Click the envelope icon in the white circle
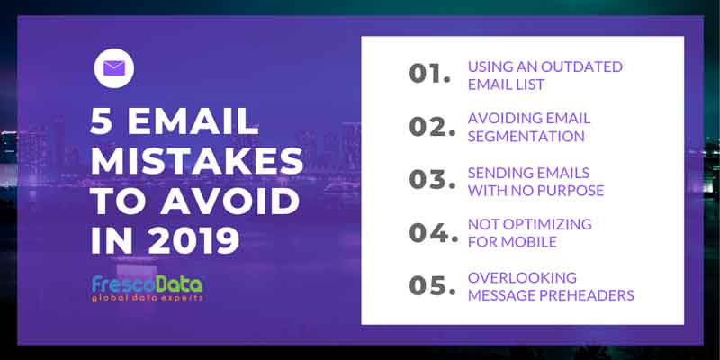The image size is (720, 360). [x=114, y=68]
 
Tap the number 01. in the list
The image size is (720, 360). [x=430, y=74]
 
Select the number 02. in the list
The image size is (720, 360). [x=433, y=126]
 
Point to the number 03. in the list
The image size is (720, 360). [x=433, y=179]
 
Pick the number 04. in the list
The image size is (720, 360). [x=434, y=232]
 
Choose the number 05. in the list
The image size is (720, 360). [x=433, y=285]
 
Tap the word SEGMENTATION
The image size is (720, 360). [x=526, y=137]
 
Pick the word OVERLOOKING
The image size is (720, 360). [x=522, y=278]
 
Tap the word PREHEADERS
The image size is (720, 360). [x=587, y=295]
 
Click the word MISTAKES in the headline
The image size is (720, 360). [x=197, y=161]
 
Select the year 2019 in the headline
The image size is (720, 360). [x=193, y=240]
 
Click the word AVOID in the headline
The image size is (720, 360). [x=229, y=201]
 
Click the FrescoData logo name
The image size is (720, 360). [x=147, y=284]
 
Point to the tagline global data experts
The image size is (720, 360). [x=147, y=299]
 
